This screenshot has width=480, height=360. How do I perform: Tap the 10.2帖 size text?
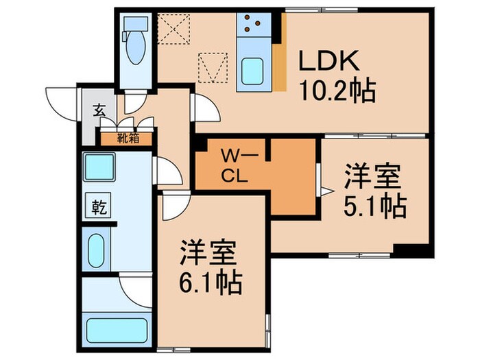(x=336, y=90)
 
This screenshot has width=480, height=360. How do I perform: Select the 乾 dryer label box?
(x=98, y=205)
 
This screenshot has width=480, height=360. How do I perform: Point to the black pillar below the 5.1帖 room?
(x=414, y=251)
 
